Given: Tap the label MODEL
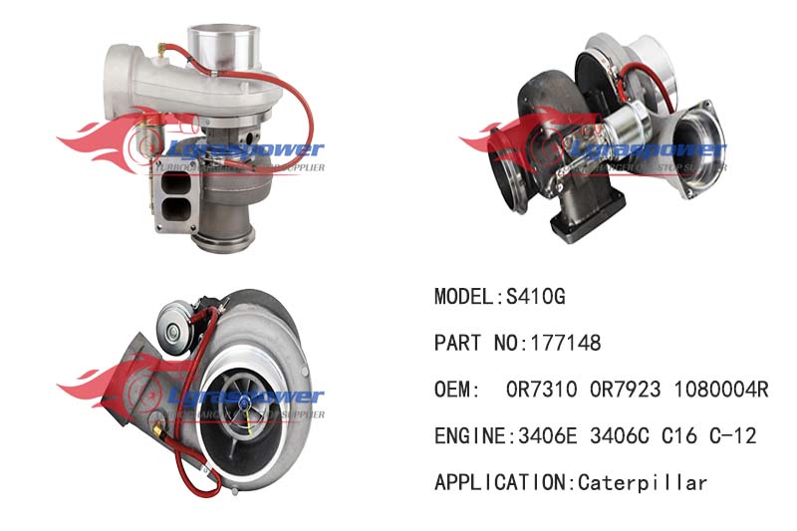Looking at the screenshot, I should point(462,296).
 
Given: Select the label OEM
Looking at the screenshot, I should point(453,390).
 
